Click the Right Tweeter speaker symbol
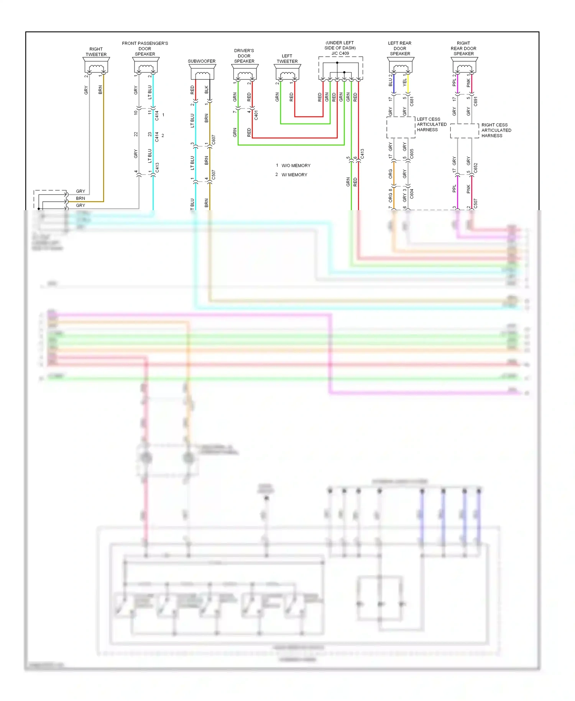pos(96,66)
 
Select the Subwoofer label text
pos(202,61)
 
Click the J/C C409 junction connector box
pos(340,68)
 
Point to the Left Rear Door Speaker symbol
pos(400,66)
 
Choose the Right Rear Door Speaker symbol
pos(464,66)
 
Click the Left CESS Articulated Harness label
pos(432,125)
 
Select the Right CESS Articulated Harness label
pos(496,130)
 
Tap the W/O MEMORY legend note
pos(296,166)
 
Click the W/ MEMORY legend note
pos(294,175)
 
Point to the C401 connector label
pos(256,115)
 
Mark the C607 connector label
pos(214,140)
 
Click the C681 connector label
pos(412,101)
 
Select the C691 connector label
pos(475,101)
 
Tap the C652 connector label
pos(475,168)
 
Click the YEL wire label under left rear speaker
pos(404,82)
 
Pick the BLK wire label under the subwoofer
pos(206,90)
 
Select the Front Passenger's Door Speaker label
pos(145,49)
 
